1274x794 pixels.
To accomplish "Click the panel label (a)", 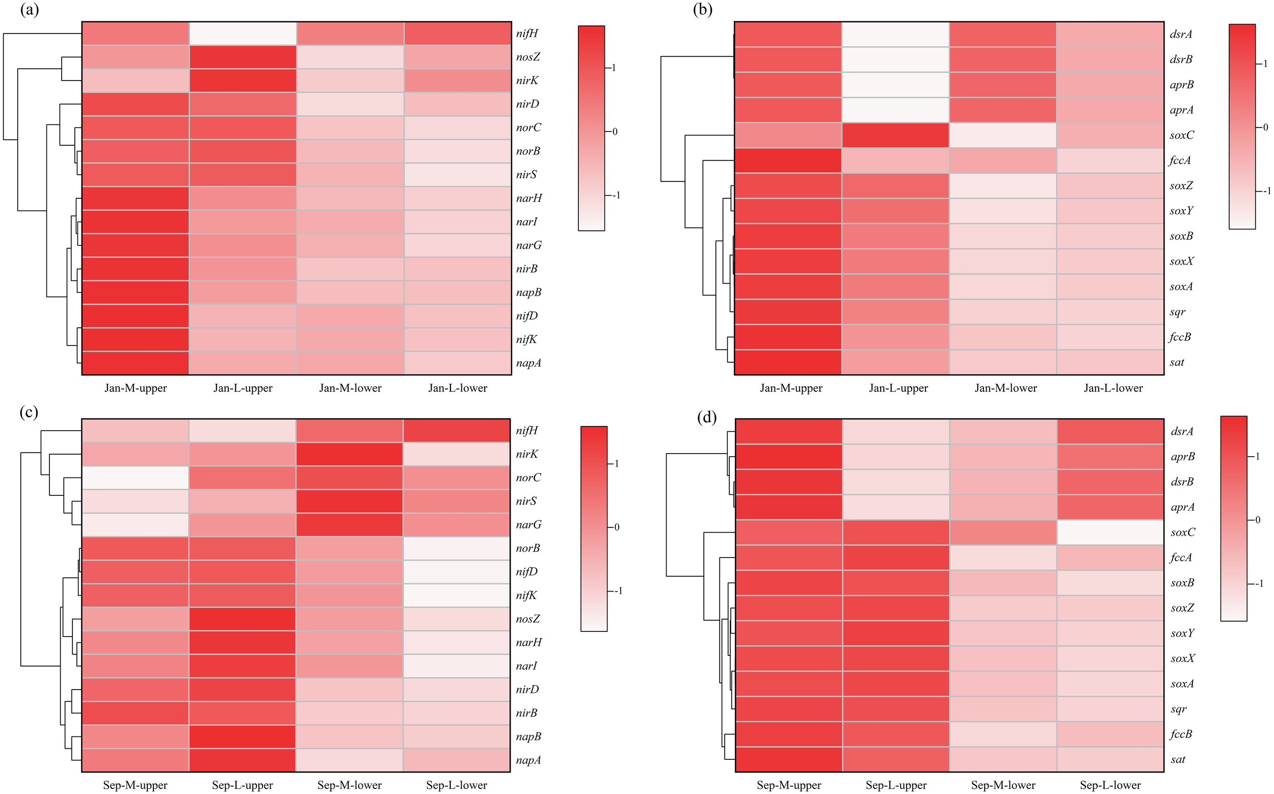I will tap(29, 10).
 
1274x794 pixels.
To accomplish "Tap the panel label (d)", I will tap(706, 417).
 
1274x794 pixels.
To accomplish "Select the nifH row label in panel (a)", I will tap(527, 34).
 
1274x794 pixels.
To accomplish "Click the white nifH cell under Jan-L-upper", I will tap(243, 34).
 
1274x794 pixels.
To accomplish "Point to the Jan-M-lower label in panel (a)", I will tap(350, 388).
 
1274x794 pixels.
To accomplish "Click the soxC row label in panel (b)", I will tap(1182, 135).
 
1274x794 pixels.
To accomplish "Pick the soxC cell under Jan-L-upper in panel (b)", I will tap(895, 135).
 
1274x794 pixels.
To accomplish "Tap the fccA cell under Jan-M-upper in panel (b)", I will tap(788, 160).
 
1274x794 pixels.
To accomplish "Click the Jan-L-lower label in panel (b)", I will tap(1113, 388).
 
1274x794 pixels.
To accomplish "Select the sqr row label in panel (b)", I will tap(1177, 312).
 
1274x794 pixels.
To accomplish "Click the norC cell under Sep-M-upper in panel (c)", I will tap(136, 478).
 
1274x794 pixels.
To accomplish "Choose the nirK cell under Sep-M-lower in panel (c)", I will tap(350, 454).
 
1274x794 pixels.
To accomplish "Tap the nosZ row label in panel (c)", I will tap(527, 619).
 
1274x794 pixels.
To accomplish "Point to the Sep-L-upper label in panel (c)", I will tap(242, 785).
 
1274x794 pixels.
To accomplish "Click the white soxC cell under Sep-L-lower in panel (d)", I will tap(1110, 532).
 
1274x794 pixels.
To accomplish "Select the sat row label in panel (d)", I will tap(1177, 759).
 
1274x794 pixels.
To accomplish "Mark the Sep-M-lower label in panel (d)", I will tap(1002, 785).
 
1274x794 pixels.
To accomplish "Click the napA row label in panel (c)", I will tap(528, 760).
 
